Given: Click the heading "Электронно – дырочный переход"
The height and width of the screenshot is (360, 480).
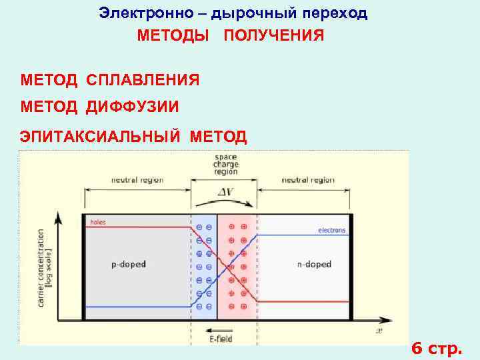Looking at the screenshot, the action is tap(233, 13).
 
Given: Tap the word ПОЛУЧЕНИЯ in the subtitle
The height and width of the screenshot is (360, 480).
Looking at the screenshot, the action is tap(274, 35).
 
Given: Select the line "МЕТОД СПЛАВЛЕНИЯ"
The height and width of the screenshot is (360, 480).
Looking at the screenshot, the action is tap(110, 81).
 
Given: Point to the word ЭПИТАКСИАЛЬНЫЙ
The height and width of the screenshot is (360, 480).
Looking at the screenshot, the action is tap(101, 137).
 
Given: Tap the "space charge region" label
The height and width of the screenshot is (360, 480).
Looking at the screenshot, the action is tap(225, 164).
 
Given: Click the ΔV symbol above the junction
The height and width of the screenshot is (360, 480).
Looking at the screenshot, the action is tap(225, 193).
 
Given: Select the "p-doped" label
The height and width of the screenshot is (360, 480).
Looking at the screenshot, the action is tap(128, 265).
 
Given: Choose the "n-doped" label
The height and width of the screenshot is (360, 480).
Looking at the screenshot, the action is tap(313, 265).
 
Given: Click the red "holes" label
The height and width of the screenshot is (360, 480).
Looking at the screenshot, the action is tap(97, 221).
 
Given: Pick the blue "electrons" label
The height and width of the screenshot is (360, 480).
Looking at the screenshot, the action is tap(331, 231).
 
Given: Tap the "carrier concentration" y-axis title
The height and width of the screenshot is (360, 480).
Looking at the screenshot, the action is tap(45, 267).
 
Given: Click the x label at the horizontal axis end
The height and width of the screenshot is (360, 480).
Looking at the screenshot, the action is tap(379, 329).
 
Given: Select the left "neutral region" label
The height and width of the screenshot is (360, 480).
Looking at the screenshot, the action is tap(137, 180).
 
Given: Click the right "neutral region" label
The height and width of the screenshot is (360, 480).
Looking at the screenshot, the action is tap(308, 180).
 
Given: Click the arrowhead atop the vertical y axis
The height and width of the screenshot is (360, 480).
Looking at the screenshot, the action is tap(59, 217).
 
